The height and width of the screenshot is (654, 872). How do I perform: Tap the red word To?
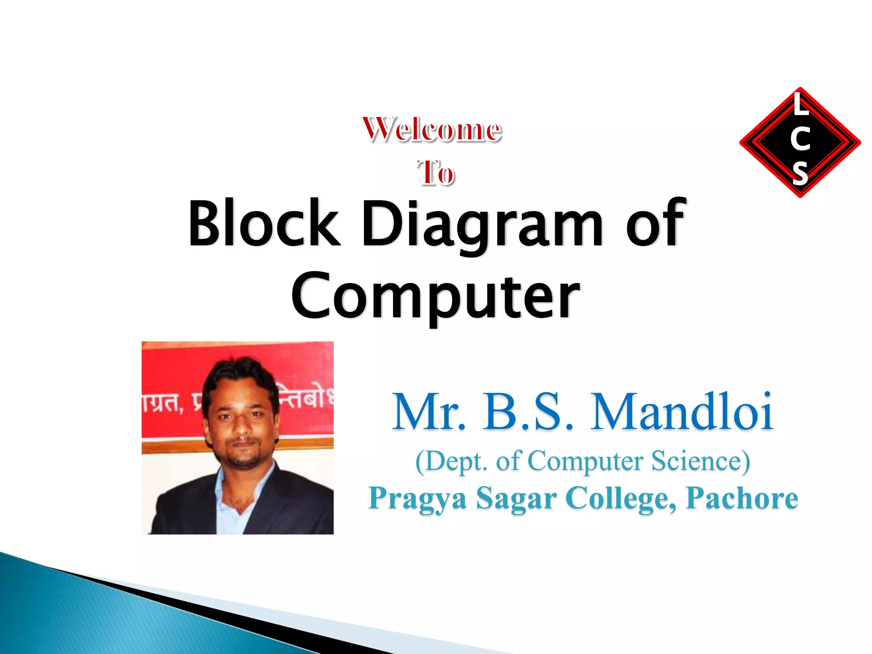tap(436, 173)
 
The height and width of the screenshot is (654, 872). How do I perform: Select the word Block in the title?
tap(264, 223)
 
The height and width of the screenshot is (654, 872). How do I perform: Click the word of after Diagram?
tap(656, 223)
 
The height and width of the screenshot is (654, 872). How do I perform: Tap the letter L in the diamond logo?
tap(800, 105)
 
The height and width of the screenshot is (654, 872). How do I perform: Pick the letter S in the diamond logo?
tap(800, 173)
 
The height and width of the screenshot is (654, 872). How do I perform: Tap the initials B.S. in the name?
tap(528, 412)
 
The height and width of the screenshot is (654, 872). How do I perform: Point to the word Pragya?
tap(418, 498)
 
